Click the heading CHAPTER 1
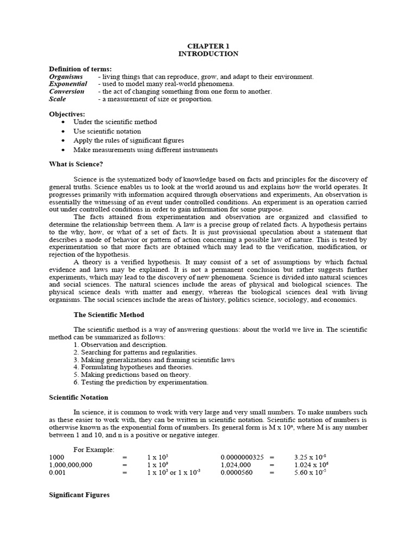(208, 46)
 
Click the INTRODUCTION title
(208, 54)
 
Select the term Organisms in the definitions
(66, 77)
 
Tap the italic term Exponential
(68, 84)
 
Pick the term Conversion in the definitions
(67, 92)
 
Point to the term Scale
(57, 99)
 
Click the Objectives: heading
(67, 114)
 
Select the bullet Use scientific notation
(107, 131)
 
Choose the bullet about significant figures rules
(129, 140)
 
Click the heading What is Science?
(76, 164)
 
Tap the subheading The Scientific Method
(109, 314)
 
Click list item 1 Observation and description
(120, 345)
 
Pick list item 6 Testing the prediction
(141, 382)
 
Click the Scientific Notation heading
(79, 397)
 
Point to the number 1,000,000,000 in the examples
(71, 465)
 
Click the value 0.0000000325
(243, 458)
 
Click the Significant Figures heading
(79, 495)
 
